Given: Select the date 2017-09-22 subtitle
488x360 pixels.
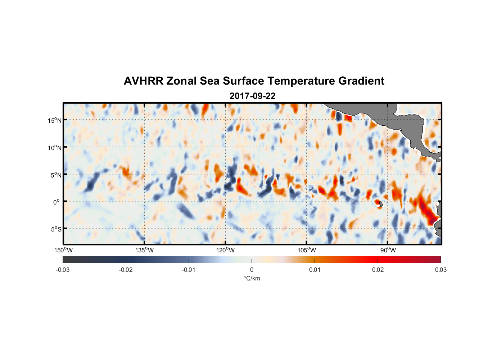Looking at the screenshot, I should pyautogui.click(x=252, y=96).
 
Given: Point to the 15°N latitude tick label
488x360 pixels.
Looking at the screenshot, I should pyautogui.click(x=55, y=120).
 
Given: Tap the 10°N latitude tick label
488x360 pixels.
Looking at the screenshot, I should pyautogui.click(x=55, y=148).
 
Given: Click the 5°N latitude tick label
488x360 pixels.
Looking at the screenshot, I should pyautogui.click(x=56, y=175).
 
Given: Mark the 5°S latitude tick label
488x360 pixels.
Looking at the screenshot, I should pyautogui.click(x=56, y=229).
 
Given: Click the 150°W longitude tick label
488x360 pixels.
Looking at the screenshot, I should pyautogui.click(x=64, y=250).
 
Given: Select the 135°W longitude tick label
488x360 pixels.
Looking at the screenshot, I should pyautogui.click(x=145, y=250).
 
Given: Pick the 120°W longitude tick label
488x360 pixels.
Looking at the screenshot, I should pyautogui.click(x=226, y=250).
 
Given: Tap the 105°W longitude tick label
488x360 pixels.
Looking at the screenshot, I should pyautogui.click(x=307, y=250).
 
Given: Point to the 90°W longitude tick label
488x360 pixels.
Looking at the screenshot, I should pyautogui.click(x=388, y=250).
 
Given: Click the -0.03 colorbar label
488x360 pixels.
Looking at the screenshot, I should pyautogui.click(x=63, y=270).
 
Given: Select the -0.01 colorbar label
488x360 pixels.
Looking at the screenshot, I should pyautogui.click(x=189, y=270).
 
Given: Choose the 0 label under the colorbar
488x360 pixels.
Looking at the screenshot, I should pyautogui.click(x=252, y=270).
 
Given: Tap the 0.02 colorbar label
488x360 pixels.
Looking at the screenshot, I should pyautogui.click(x=378, y=270).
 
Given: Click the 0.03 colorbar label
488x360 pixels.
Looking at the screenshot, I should pyautogui.click(x=440, y=270).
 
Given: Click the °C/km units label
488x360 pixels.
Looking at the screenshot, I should pyautogui.click(x=252, y=278).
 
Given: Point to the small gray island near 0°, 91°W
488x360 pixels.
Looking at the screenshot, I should pyautogui.click(x=380, y=204).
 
